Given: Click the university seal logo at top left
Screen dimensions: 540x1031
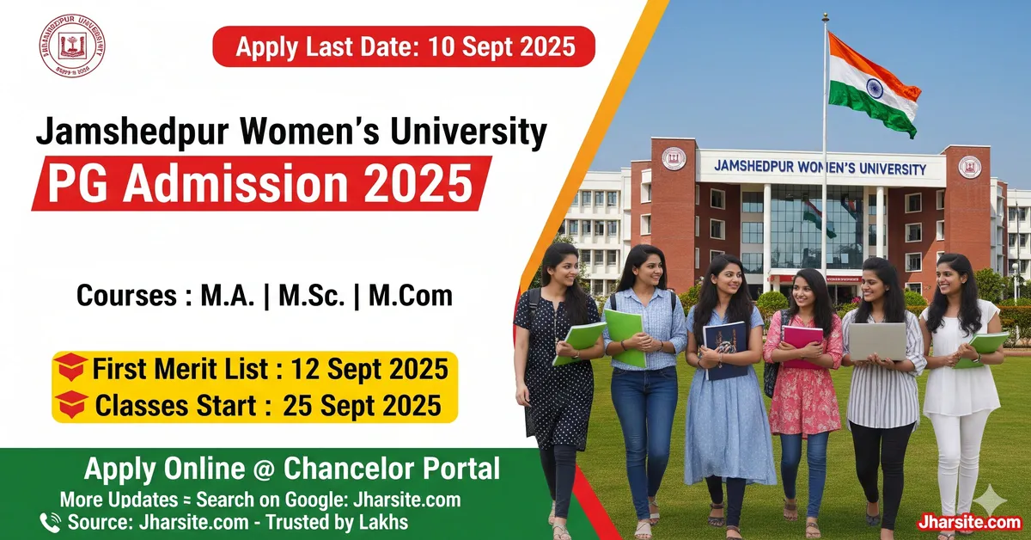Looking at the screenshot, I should coord(72,46).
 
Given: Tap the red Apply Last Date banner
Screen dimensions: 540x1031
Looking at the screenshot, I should coord(404,46).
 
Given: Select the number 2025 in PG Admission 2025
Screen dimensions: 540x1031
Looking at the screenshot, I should coord(421,183).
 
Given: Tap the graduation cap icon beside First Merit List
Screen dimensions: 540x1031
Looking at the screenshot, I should coord(71,369).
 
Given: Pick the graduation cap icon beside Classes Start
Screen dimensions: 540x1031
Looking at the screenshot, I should coord(71,403).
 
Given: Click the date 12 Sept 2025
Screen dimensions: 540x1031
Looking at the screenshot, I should coord(369,370).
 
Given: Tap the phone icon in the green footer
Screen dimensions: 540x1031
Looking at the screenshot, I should coord(50,521).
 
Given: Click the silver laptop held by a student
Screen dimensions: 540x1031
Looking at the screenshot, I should coord(876,341).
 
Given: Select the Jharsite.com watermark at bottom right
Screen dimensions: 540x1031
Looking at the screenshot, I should coord(968,522).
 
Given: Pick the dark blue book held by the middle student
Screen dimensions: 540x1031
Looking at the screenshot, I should coord(726,347).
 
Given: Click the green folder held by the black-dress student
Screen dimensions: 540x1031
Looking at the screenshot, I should coord(580,342).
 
